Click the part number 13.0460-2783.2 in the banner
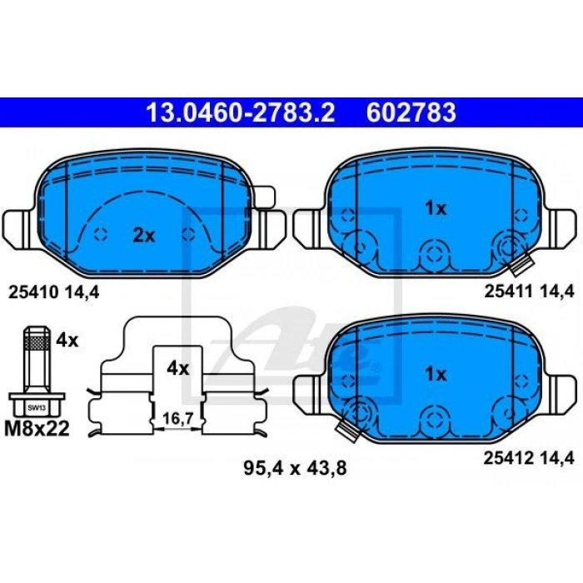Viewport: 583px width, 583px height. pyautogui.click(x=241, y=112)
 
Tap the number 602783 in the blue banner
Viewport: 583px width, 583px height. pyautogui.click(x=411, y=112)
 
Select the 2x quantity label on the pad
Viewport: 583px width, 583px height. pyautogui.click(x=144, y=236)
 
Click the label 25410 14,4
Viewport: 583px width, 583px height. pyautogui.click(x=54, y=292)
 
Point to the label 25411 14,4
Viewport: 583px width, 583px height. pyautogui.click(x=530, y=291)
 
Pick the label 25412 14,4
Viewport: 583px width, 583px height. pyautogui.click(x=529, y=458)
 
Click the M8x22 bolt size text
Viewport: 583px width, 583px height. pyautogui.click(x=37, y=428)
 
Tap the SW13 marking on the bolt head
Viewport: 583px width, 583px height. pyautogui.click(x=37, y=408)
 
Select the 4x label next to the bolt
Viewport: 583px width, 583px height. pyautogui.click(x=67, y=340)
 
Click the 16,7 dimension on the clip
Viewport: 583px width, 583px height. pyautogui.click(x=177, y=419)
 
